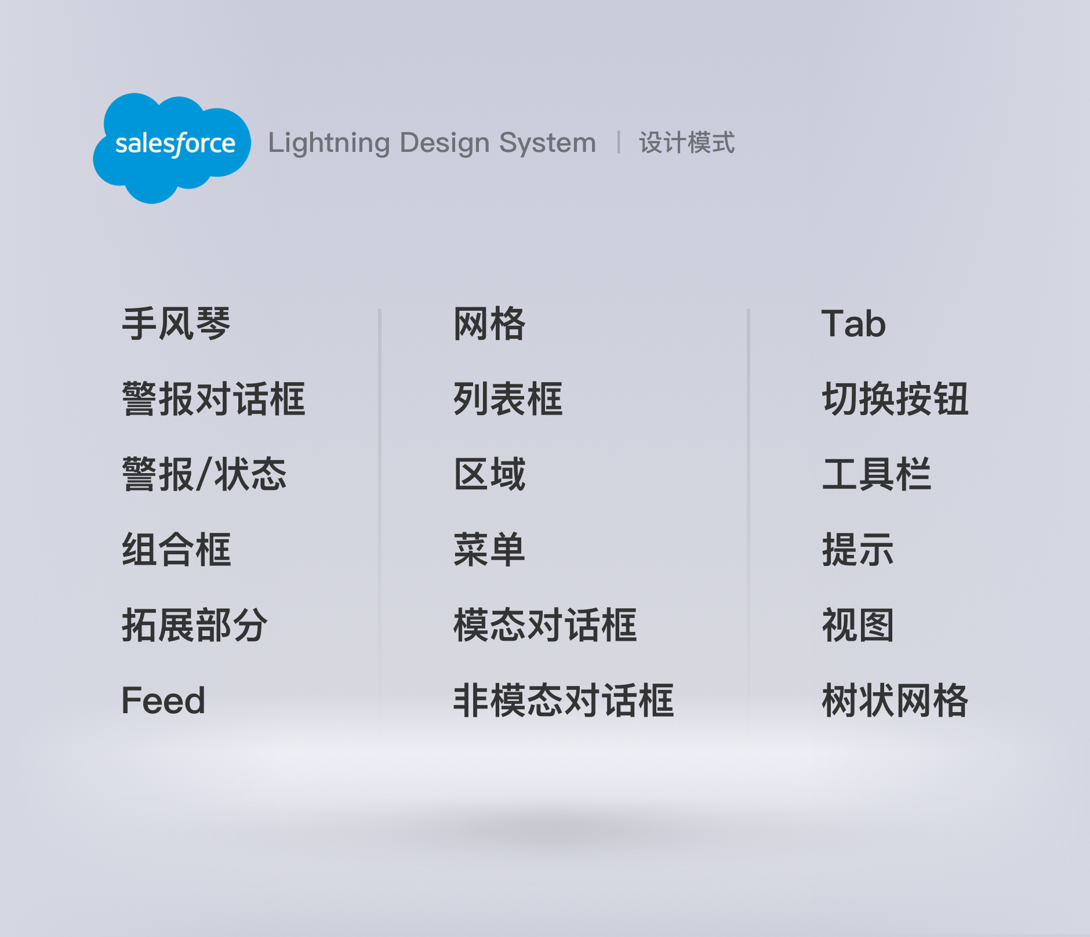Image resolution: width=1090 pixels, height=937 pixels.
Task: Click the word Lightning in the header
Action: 329,143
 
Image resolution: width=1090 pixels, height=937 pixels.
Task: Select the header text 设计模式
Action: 686,143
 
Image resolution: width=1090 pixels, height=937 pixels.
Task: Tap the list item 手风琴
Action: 176,324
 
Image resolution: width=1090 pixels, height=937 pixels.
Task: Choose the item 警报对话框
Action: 213,399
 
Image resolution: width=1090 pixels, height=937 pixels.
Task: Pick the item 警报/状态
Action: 204,474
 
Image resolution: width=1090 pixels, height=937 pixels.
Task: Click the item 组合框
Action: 176,550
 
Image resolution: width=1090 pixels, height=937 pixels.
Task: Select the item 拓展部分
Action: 195,625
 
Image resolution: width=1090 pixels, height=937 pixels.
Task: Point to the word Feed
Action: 163,700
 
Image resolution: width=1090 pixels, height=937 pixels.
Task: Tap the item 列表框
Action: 508,399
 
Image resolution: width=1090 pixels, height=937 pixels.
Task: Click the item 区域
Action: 489,474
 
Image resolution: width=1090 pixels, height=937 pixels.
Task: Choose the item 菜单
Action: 489,550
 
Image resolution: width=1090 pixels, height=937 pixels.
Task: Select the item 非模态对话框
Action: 564,700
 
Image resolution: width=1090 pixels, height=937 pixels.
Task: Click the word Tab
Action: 853,324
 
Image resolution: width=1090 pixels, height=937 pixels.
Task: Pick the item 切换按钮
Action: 895,399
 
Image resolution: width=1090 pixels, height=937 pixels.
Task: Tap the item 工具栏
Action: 877,474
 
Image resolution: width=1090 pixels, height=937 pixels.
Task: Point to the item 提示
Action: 858,550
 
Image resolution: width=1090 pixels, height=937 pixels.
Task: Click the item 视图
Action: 858,625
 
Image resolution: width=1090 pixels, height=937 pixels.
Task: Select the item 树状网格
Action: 895,700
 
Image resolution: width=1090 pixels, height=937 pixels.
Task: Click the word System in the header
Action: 547,143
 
